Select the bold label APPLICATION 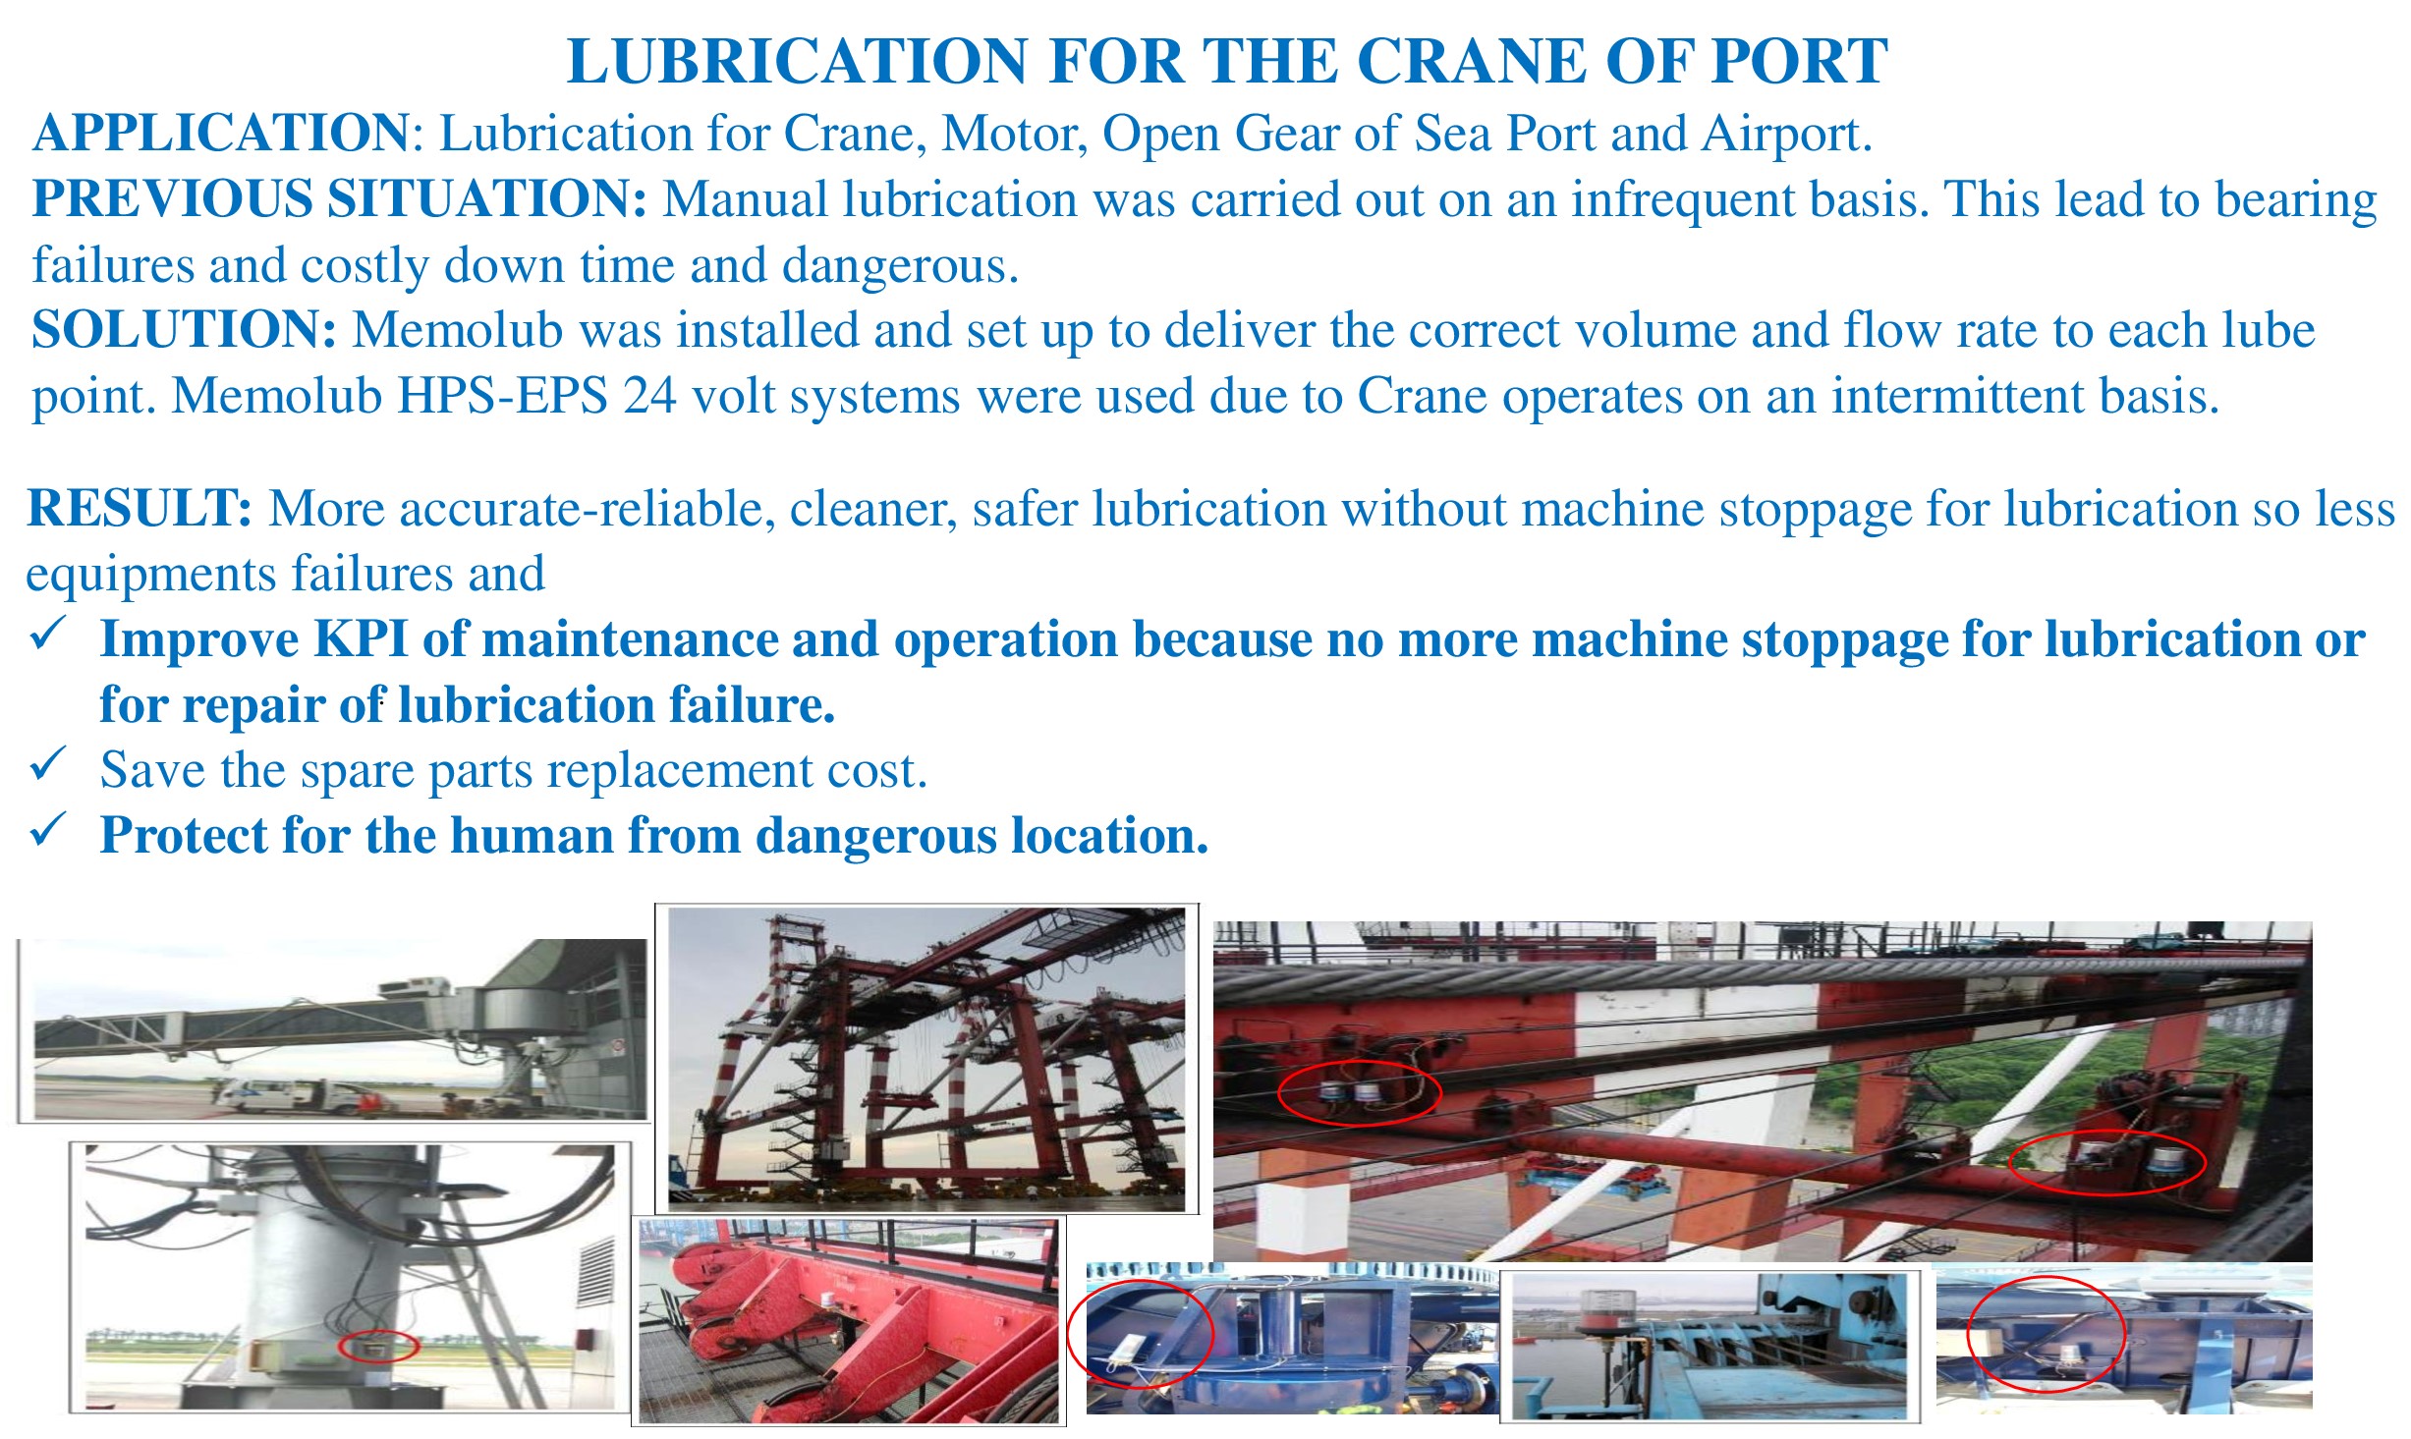coord(220,133)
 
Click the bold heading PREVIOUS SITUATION coord(340,198)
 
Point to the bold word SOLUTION coord(185,329)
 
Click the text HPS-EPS coord(502,396)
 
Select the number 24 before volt coord(648,396)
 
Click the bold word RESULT coord(140,508)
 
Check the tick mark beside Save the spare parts coord(48,763)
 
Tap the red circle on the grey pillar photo coord(378,1346)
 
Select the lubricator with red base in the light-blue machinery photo coord(1601,1311)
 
